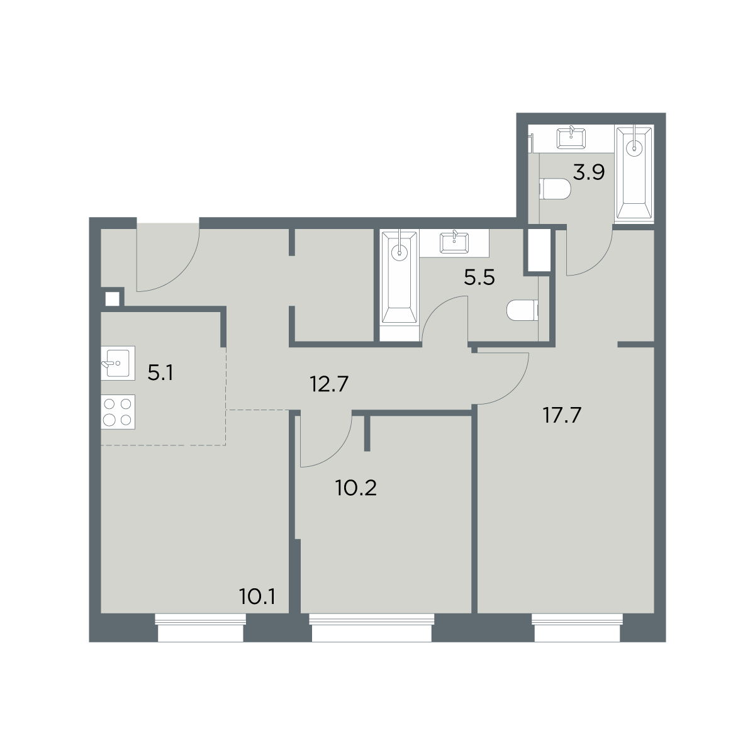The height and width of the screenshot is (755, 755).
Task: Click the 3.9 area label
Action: pyautogui.click(x=589, y=172)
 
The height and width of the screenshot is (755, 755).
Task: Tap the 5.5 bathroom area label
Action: pyautogui.click(x=479, y=278)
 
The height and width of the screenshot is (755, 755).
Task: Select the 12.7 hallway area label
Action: pyautogui.click(x=329, y=384)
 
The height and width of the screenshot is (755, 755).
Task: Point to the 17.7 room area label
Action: pyautogui.click(x=562, y=415)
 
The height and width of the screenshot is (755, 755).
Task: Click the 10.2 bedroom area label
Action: pyautogui.click(x=356, y=488)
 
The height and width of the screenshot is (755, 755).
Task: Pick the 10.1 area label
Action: pyautogui.click(x=257, y=597)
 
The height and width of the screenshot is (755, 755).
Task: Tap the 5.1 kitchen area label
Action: pyautogui.click(x=160, y=372)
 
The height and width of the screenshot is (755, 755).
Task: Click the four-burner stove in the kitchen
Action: pyautogui.click(x=118, y=411)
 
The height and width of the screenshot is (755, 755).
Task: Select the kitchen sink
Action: pyautogui.click(x=118, y=363)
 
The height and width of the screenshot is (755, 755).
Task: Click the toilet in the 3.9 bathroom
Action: pyautogui.click(x=555, y=189)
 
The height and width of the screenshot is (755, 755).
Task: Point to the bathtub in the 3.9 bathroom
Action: pyautogui.click(x=634, y=174)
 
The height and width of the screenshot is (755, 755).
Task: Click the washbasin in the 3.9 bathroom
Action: pyautogui.click(x=571, y=138)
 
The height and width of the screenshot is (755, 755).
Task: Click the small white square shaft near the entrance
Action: pyautogui.click(x=112, y=299)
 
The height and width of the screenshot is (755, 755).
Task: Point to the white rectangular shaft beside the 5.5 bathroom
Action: pyautogui.click(x=539, y=249)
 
